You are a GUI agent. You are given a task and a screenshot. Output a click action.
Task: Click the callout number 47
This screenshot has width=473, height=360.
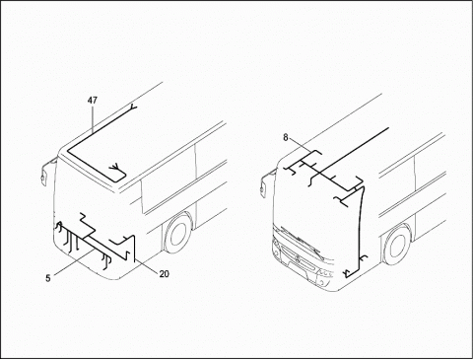pyautogui.click(x=93, y=100)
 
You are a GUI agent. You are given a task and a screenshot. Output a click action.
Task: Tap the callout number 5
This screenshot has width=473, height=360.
pyautogui.click(x=48, y=278)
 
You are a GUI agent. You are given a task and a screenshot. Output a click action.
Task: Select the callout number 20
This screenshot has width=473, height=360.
pyautogui.click(x=164, y=273)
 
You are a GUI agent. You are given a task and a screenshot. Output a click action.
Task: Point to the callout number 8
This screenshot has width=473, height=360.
pyautogui.click(x=286, y=137)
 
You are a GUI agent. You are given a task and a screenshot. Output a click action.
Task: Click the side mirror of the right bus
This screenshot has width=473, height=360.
pyautogui.click(x=263, y=185)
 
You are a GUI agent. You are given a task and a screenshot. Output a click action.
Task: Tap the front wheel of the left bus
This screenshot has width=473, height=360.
pyautogui.click(x=177, y=235)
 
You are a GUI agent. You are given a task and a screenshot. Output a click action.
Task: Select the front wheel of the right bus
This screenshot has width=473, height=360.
pyautogui.click(x=398, y=245)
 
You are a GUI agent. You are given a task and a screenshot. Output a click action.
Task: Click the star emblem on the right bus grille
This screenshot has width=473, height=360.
pyautogui.click(x=298, y=258)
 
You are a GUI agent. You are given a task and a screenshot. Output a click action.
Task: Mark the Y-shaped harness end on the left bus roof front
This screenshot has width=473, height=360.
pyautogui.click(x=115, y=167)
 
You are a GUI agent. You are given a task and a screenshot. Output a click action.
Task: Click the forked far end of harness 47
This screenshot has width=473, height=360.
pyautogui.click(x=133, y=107)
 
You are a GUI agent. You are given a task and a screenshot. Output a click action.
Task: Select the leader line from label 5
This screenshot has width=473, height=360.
pyautogui.click(x=73, y=261)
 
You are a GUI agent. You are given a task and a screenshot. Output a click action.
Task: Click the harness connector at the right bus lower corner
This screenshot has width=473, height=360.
pyautogui.click(x=347, y=273)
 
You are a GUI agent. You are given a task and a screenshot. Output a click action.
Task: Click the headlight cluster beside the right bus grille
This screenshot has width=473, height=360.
pyautogui.click(x=324, y=272)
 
